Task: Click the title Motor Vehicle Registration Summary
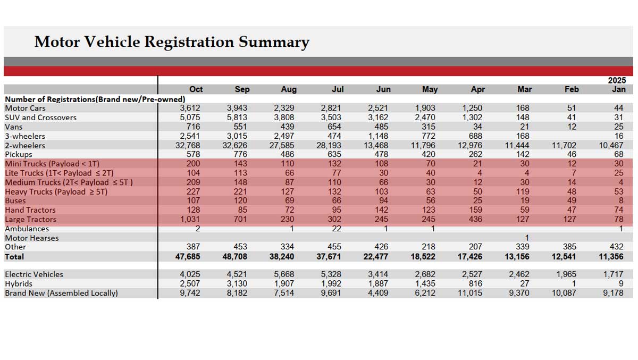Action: [x=171, y=42]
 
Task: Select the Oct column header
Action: [x=196, y=89]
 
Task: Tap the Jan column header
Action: [x=618, y=89]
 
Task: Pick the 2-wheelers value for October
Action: [x=188, y=145]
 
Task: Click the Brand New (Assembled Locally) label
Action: [x=61, y=293]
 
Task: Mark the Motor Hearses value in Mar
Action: [x=526, y=238]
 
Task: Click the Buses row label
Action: [x=15, y=200]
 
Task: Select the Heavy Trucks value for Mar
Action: [x=523, y=191]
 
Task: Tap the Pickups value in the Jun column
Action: [x=381, y=154]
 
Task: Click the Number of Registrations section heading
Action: [x=95, y=99]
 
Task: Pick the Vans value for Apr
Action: [x=477, y=127]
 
